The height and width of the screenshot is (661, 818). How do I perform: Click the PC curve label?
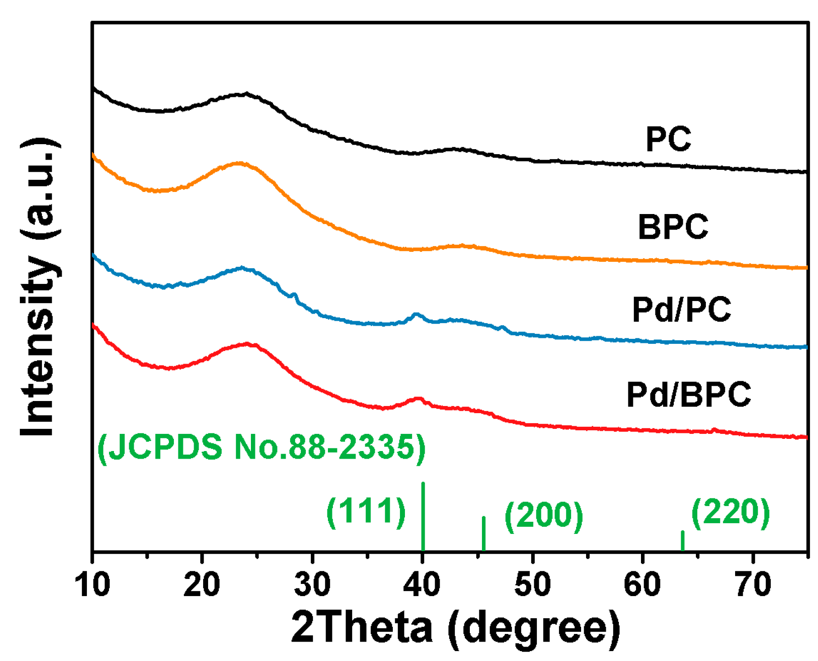(x=668, y=139)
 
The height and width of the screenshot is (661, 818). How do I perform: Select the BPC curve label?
(x=673, y=227)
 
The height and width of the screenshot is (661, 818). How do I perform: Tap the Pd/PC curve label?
(x=682, y=310)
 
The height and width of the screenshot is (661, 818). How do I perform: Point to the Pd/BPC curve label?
(x=689, y=394)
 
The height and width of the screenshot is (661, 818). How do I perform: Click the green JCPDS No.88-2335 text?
(x=262, y=447)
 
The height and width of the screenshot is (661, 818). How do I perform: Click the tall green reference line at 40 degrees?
(x=423, y=516)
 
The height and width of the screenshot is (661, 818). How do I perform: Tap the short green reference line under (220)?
(x=682, y=541)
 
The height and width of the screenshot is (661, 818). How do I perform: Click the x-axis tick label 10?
(x=92, y=584)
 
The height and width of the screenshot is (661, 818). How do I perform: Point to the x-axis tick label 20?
(x=202, y=584)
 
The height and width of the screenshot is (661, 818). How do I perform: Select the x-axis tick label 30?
(x=312, y=584)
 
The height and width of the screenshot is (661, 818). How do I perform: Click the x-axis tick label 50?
(x=532, y=584)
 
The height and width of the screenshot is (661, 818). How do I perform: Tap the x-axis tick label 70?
(x=753, y=584)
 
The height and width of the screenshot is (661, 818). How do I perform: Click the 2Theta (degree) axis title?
(x=455, y=628)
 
